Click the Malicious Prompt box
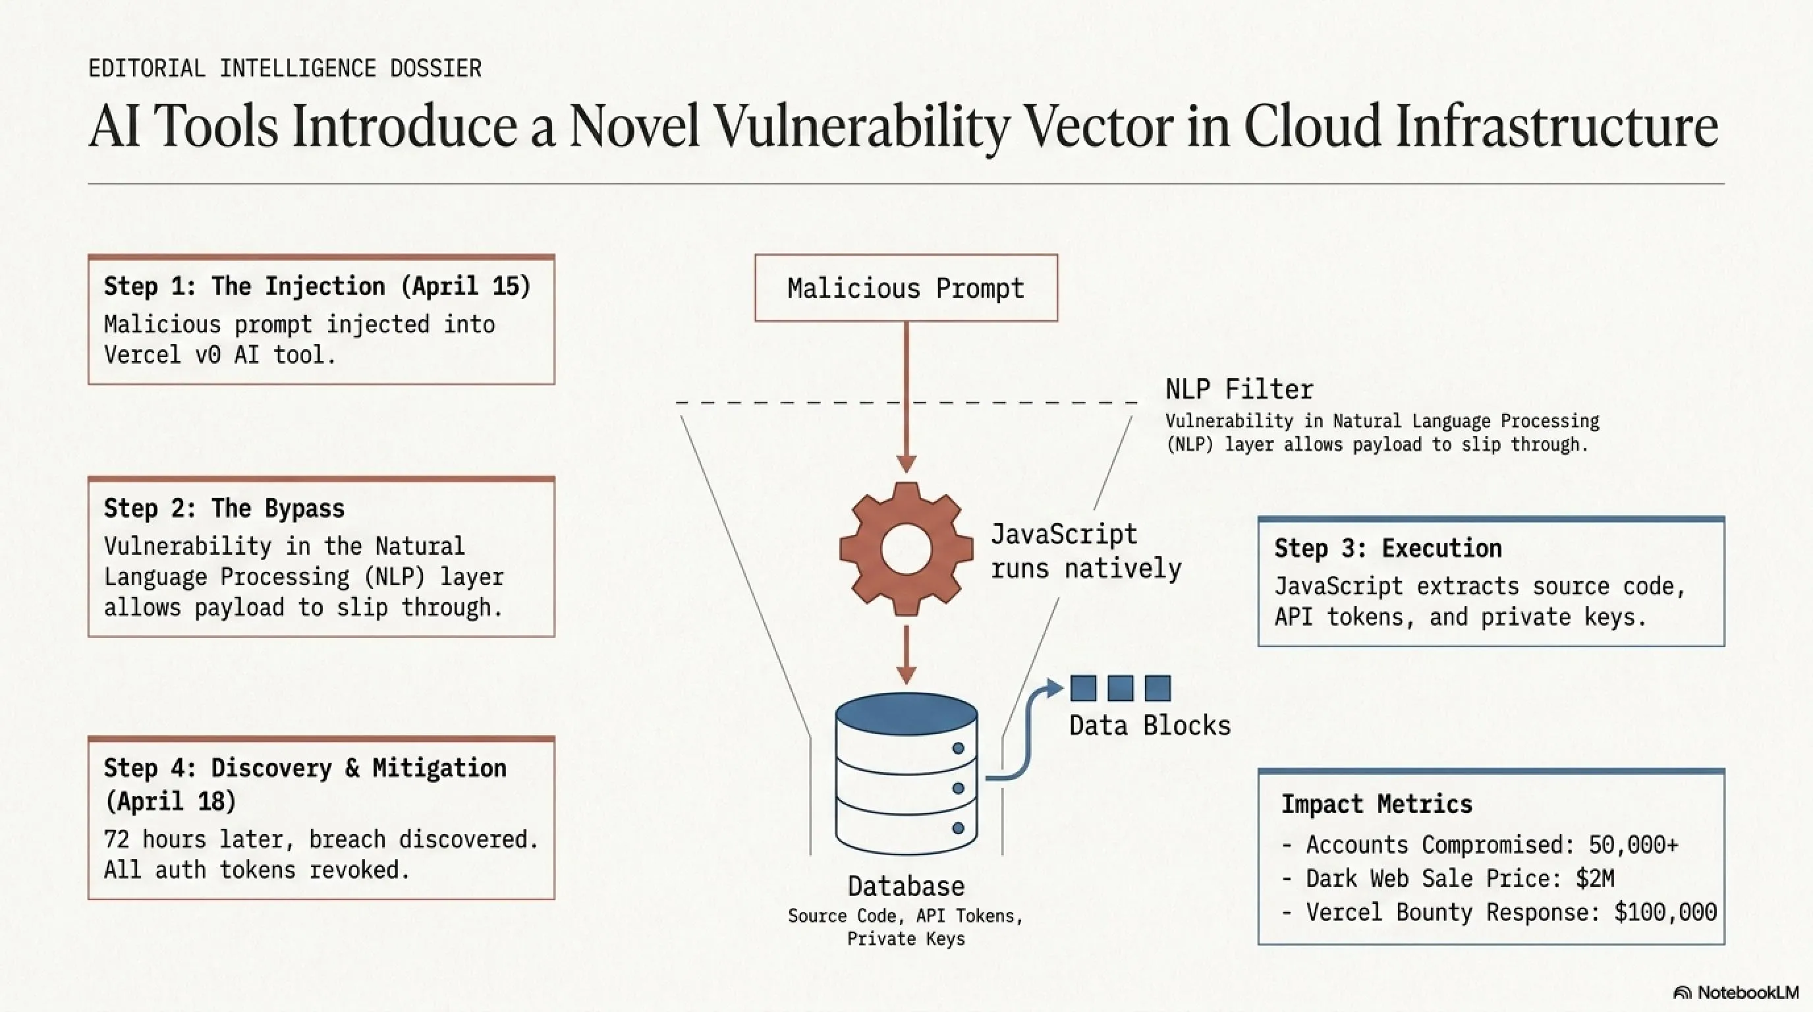[906, 288]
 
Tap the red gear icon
[906, 549]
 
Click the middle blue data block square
[1120, 688]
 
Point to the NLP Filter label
[1239, 389]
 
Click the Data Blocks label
[1150, 725]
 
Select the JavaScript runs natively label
[1085, 551]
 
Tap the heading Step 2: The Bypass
[224, 508]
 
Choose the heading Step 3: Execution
[1387, 548]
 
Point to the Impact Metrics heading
[1376, 804]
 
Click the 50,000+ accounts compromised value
[1633, 845]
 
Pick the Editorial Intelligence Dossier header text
[285, 69]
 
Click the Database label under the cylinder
[906, 886]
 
